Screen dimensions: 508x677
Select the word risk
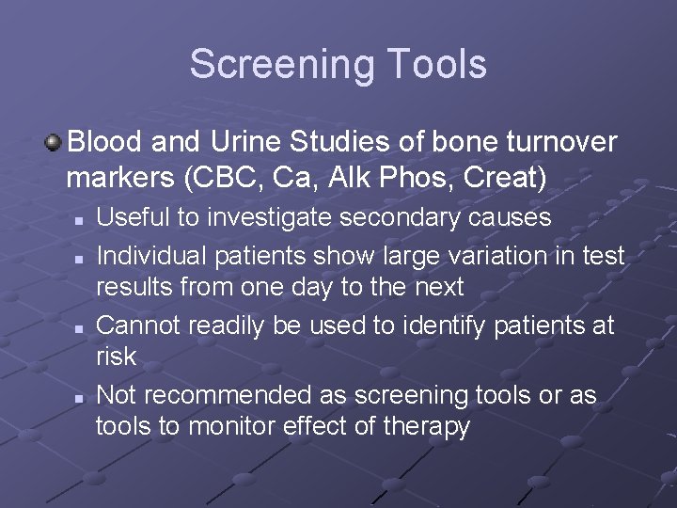pos(116,357)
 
